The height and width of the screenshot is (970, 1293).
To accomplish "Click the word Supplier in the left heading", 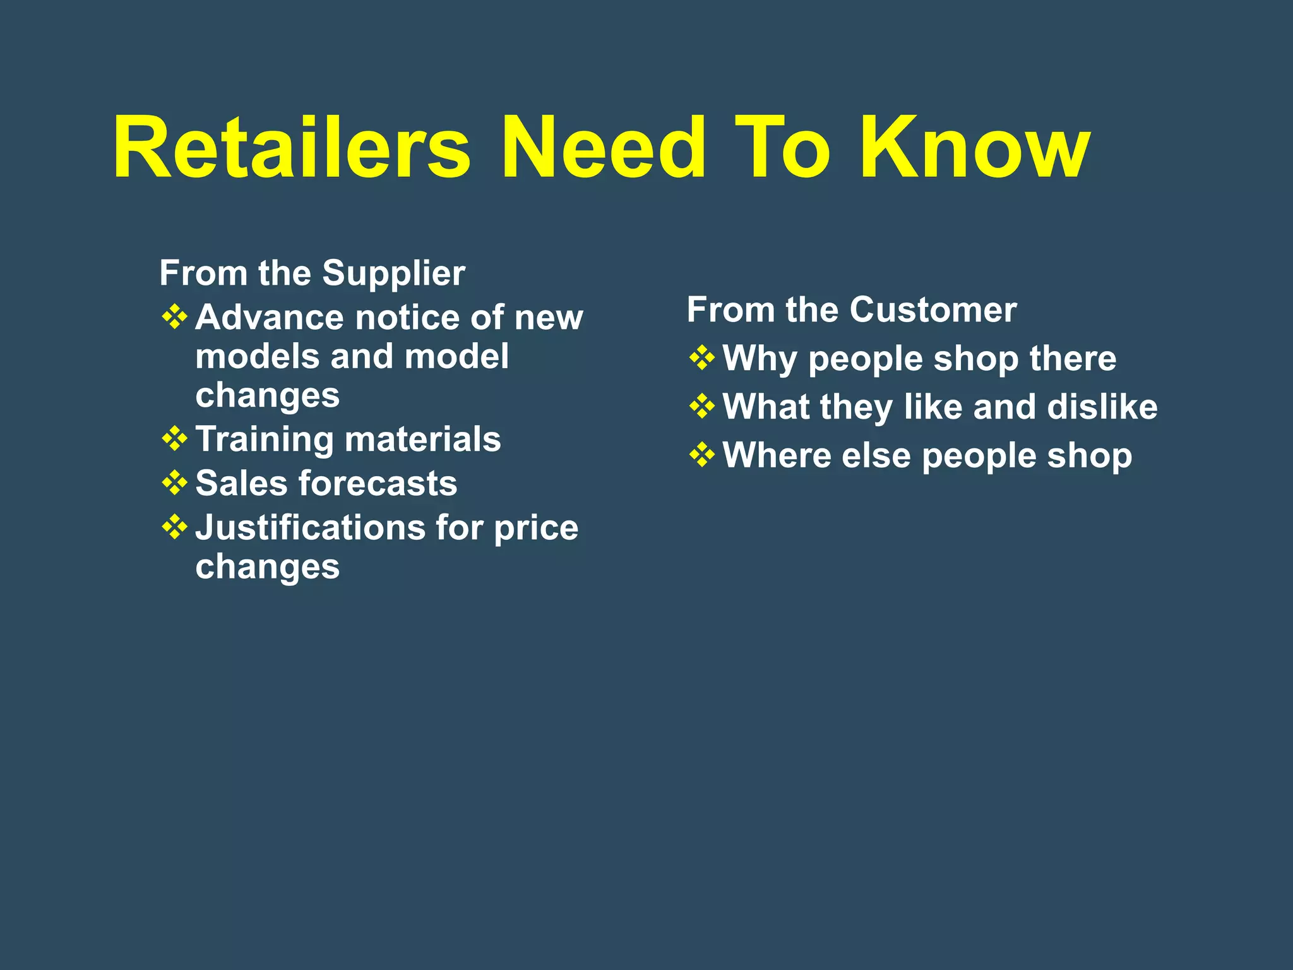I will (x=393, y=273).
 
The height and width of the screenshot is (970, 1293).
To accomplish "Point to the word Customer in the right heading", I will (x=933, y=310).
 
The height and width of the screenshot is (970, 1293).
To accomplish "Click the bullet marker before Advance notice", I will (x=174, y=316).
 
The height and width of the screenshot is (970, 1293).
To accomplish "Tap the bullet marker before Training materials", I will (x=174, y=438).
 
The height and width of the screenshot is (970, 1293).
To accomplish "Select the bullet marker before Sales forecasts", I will (x=174, y=482).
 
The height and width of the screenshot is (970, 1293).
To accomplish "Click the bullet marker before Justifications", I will (x=174, y=527).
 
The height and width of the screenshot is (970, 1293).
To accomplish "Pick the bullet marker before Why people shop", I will (x=701, y=358).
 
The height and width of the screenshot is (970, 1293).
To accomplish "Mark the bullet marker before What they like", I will (x=701, y=406).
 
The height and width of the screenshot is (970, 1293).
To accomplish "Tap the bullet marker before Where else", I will (x=701, y=455).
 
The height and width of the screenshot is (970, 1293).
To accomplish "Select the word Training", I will (x=264, y=440).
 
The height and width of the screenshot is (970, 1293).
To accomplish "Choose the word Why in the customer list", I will (x=760, y=359).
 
